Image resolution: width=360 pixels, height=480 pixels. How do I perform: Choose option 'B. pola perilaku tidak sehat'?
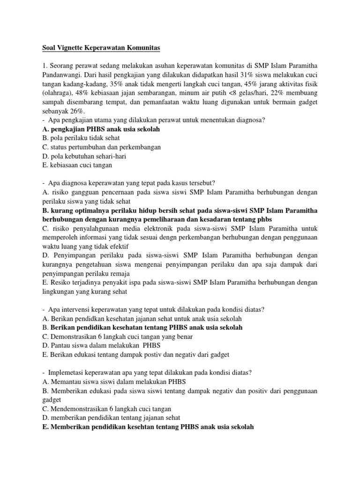pyautogui.click(x=81, y=138)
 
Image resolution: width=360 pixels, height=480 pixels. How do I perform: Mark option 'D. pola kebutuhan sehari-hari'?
pyautogui.click(x=84, y=156)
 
